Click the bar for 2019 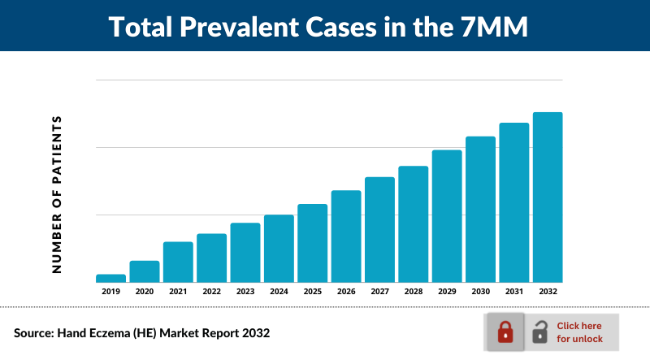(x=110, y=278)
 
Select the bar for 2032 (x=547, y=197)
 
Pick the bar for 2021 (x=178, y=262)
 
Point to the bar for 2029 (x=446, y=215)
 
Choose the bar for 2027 (x=379, y=229)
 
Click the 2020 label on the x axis (x=145, y=291)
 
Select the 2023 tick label (x=245, y=291)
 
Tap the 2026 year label (x=346, y=291)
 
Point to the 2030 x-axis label (x=480, y=291)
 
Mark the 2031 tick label (x=513, y=291)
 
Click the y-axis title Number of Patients (x=58, y=194)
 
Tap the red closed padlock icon (x=505, y=332)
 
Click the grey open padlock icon (x=539, y=332)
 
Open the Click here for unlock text (x=579, y=332)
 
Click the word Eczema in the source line (x=124, y=333)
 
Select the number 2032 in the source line (x=252, y=333)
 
